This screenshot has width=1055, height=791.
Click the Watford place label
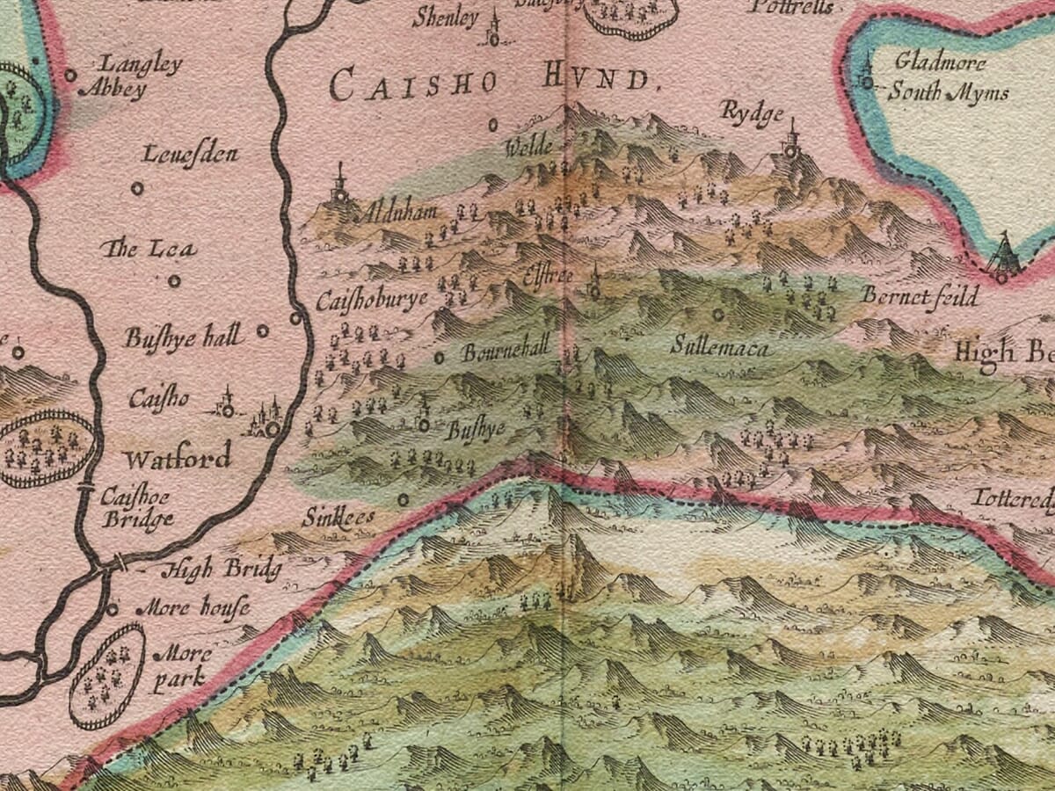click(x=177, y=457)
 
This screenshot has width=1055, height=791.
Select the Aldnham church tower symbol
click(x=339, y=189)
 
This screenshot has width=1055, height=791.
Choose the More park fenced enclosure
click(x=106, y=676)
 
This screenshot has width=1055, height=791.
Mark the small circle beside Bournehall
click(x=440, y=357)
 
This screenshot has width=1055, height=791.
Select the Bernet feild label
click(x=920, y=296)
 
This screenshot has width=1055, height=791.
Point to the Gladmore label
click(x=940, y=62)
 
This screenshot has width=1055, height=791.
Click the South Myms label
click(x=947, y=92)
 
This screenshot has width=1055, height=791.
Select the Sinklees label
click(x=338, y=517)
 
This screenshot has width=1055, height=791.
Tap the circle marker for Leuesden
click(x=137, y=188)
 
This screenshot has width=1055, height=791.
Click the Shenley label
click(x=446, y=18)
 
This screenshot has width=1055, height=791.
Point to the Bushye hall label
click(x=183, y=337)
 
